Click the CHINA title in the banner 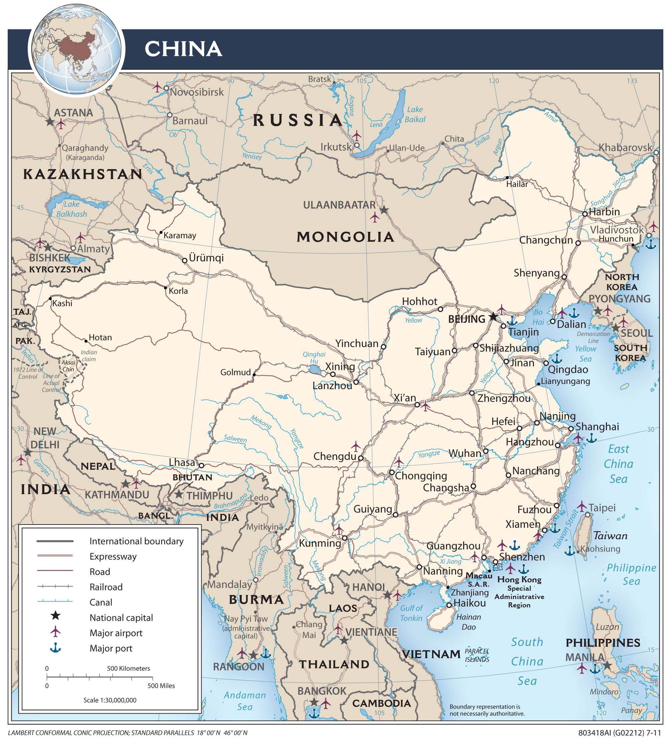[x=183, y=49]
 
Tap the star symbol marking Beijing [x=493, y=316]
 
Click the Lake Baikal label [x=415, y=114]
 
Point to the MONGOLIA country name [x=345, y=237]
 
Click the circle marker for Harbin [x=585, y=214]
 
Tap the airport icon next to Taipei [x=581, y=506]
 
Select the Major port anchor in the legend [x=55, y=648]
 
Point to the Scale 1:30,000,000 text [x=110, y=700]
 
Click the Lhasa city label [x=181, y=463]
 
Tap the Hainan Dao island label [x=468, y=622]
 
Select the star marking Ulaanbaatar [x=384, y=210]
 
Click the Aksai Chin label [x=68, y=365]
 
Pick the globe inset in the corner [x=76, y=49]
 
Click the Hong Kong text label [x=519, y=580]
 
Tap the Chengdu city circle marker [x=361, y=458]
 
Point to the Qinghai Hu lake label [x=314, y=357]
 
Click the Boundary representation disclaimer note [x=487, y=710]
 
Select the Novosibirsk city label [x=196, y=92]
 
